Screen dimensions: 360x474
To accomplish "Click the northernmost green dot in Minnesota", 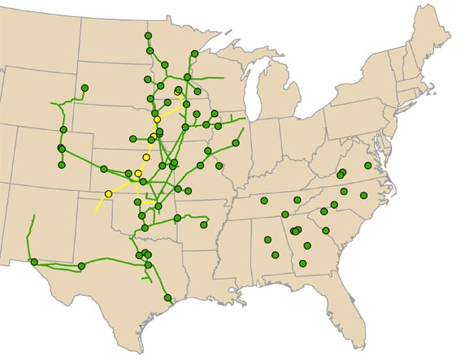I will click(x=148, y=36).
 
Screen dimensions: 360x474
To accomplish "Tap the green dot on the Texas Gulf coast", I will click(x=167, y=298).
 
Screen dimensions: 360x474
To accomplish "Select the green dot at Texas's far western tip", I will click(x=34, y=262).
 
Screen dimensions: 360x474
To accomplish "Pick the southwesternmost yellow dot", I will click(x=108, y=194).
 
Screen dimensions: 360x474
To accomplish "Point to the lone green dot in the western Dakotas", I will click(x=85, y=88).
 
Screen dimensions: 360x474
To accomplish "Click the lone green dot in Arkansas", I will click(x=203, y=224).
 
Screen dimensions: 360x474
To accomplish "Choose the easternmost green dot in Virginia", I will click(x=368, y=166).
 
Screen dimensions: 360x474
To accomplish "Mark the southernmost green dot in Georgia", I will click(x=302, y=263).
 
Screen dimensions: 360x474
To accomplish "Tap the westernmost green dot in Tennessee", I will click(x=264, y=201).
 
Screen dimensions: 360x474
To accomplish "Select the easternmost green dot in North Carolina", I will click(x=363, y=195).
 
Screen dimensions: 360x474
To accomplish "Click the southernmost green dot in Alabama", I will click(x=275, y=255).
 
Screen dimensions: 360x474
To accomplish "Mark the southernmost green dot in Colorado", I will click(x=62, y=165).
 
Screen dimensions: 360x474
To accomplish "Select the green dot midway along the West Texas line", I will click(x=81, y=266).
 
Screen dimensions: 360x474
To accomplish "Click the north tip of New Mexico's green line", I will click(x=33, y=215).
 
